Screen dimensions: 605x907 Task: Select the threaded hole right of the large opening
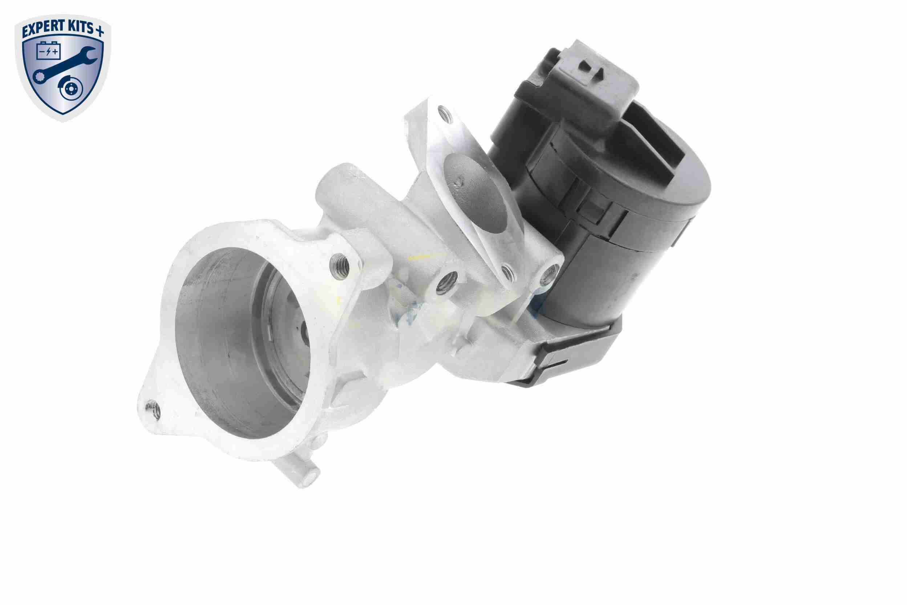(x=339, y=265)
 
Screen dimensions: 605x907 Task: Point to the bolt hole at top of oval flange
(x=444, y=113)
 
